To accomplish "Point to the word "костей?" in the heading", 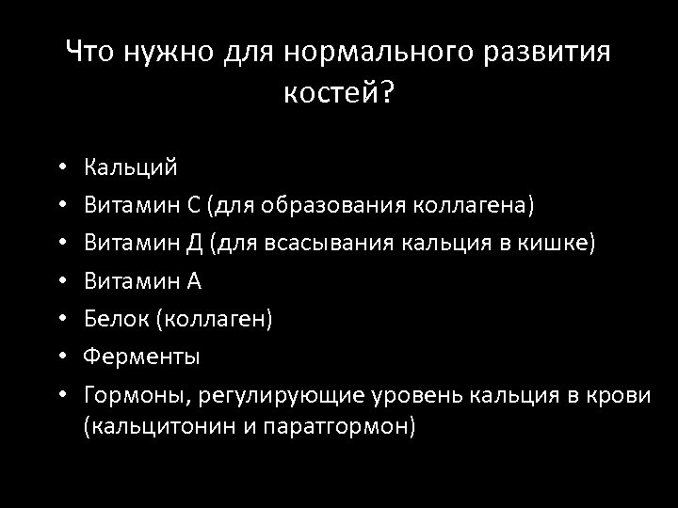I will [x=338, y=94].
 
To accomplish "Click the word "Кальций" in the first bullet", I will [x=130, y=167].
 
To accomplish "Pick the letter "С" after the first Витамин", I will [x=194, y=205].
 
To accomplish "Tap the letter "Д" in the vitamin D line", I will [x=195, y=243].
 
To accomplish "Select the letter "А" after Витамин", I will [x=195, y=280].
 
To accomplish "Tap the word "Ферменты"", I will [x=141, y=357].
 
